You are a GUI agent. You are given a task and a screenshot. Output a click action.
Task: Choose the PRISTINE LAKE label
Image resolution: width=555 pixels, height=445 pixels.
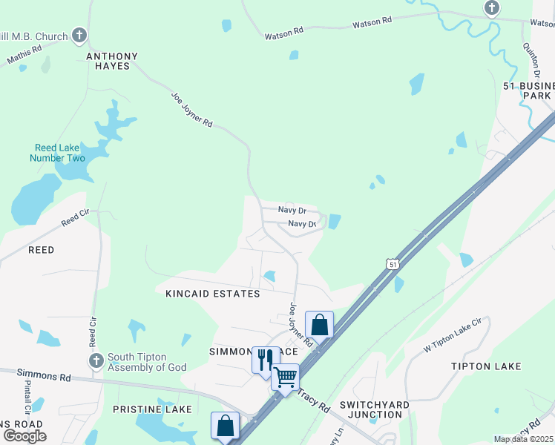pos(152,409)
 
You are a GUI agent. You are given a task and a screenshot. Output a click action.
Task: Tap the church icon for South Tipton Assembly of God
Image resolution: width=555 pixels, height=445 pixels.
pos(96,360)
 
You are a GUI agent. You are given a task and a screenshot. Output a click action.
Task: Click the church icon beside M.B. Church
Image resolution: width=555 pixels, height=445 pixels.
pos(80,36)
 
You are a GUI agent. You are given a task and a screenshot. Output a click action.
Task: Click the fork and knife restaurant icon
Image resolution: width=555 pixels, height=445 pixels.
pos(265,359)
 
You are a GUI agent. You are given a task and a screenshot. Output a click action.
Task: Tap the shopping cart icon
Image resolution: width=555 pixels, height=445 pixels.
pos(285,377)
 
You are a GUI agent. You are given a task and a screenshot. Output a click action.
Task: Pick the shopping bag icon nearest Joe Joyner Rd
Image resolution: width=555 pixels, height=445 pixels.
pos(319,324)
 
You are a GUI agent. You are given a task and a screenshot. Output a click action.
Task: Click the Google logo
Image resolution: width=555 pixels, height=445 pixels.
pos(25,436)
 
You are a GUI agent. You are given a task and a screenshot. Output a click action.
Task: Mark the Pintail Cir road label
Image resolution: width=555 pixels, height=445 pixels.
pos(27,399)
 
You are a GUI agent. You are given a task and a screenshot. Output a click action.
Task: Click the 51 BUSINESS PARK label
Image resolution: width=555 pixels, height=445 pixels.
pos(528,91)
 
